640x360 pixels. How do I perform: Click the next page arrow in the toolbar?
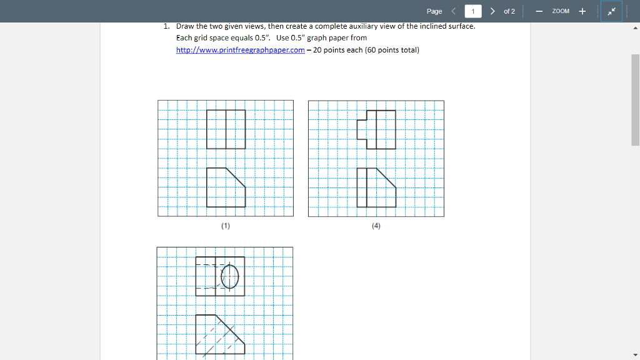point(493,11)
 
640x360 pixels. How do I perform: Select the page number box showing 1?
point(473,11)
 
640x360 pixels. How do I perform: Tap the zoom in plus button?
point(582,11)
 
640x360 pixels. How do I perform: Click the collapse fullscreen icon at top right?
point(611,11)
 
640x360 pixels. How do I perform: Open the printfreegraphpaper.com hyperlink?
point(241,50)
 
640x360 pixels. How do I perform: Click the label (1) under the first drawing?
point(225,226)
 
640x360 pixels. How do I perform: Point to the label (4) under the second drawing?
point(376,226)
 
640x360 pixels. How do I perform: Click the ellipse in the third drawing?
point(230,276)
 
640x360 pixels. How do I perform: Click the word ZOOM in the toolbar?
point(561,11)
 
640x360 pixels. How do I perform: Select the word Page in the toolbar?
point(434,11)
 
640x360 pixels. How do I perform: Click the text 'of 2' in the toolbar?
point(509,11)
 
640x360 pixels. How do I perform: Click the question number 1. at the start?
point(167,26)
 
